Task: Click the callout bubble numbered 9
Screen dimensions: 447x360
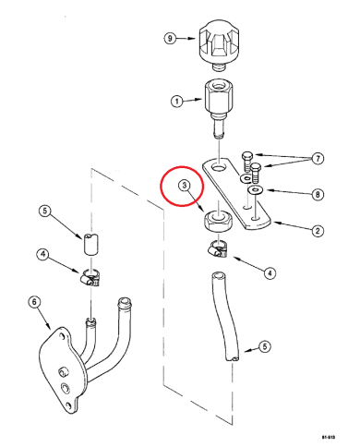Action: (169, 39)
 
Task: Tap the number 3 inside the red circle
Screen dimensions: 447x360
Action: (186, 186)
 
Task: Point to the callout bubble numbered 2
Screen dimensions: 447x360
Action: (317, 230)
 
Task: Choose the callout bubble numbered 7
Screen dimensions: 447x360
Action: (317, 159)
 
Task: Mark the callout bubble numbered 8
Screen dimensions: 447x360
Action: (317, 194)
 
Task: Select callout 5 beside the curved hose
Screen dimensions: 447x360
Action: (264, 346)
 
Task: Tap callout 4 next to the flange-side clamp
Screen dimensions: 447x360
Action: (42, 254)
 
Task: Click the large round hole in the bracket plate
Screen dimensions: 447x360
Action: (219, 168)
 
